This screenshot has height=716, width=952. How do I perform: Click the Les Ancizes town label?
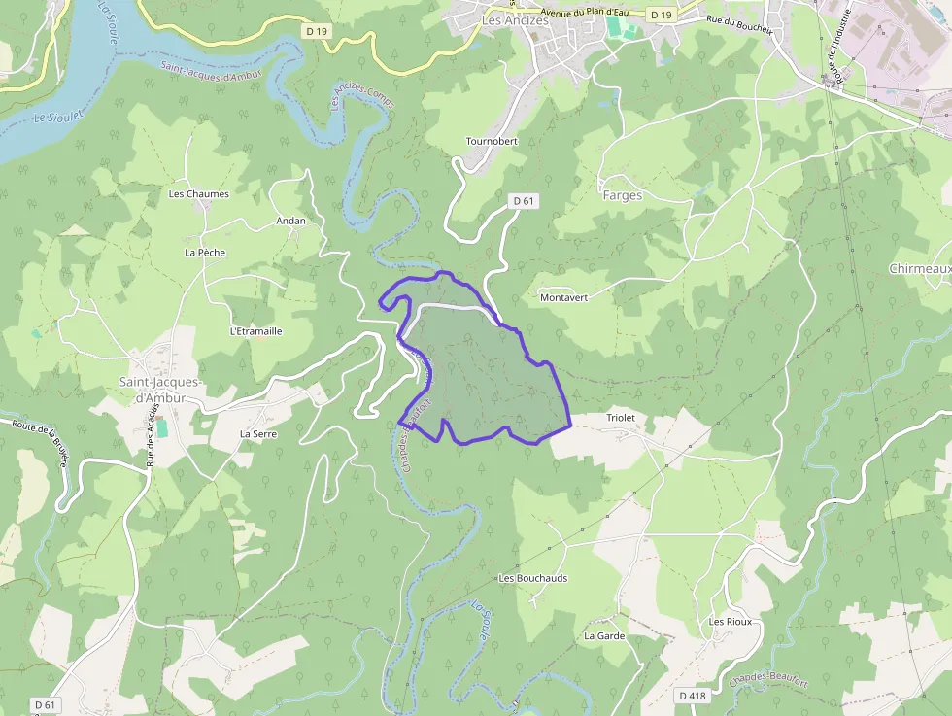point(515,19)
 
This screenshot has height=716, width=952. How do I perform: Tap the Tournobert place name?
point(492,141)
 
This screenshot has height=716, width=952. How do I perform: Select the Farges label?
point(623,195)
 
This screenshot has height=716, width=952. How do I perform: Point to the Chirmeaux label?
point(919,268)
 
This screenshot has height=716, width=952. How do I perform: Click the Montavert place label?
point(563,297)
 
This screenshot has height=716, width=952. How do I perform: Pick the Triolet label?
point(620,418)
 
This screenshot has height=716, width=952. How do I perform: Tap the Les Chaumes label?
point(199,193)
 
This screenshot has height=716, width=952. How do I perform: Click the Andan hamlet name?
point(290,221)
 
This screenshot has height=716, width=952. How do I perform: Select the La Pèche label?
point(205,253)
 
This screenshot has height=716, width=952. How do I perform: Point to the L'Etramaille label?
point(256,331)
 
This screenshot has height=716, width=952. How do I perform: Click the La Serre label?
point(258,433)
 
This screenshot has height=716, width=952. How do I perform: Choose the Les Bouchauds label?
point(532,578)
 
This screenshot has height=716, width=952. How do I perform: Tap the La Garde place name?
point(604,636)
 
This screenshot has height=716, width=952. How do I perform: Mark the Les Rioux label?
point(731,621)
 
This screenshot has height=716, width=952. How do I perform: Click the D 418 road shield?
point(693,696)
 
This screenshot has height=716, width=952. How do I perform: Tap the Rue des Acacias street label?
point(153,436)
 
